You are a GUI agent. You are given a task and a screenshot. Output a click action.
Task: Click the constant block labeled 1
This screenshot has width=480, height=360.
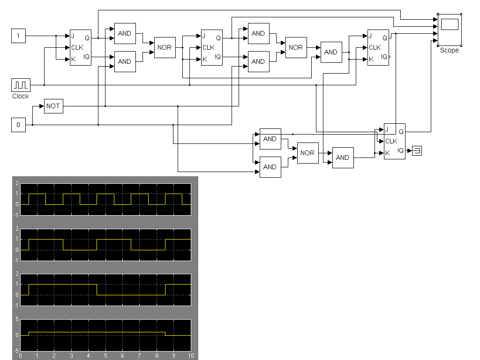[18, 36]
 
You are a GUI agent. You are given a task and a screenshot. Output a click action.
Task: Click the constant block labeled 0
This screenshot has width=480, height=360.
[18, 125]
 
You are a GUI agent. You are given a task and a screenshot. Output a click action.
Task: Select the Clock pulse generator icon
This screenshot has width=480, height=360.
[21, 85]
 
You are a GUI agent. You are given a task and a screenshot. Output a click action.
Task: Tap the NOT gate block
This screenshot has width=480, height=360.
[53, 106]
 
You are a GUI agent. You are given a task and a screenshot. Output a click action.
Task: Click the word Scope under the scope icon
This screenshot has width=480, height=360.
[449, 50]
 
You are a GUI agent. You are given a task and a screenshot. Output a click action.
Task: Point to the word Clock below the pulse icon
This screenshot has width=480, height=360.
[21, 96]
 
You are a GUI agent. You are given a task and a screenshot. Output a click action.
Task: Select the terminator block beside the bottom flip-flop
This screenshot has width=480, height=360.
[417, 150]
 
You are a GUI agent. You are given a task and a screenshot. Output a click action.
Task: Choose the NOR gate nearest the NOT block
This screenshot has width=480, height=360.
[165, 47]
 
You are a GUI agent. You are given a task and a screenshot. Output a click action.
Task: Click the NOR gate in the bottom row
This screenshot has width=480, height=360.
[307, 153]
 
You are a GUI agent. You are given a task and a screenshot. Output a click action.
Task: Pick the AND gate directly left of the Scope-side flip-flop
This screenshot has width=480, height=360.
[331, 52]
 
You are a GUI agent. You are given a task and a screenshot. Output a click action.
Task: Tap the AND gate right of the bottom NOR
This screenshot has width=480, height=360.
[343, 157]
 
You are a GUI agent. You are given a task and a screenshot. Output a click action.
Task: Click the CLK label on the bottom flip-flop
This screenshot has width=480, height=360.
[391, 141]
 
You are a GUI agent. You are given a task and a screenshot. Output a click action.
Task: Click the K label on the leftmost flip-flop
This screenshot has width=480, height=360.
[74, 59]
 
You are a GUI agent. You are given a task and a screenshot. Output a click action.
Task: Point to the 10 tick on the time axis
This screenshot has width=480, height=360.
[191, 356]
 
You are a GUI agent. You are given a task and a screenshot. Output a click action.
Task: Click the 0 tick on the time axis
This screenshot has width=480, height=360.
[20, 356]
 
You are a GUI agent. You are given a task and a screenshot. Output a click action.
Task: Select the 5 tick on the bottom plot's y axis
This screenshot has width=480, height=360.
[17, 320]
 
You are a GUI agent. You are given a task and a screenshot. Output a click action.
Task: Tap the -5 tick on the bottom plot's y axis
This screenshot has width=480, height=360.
[16, 350]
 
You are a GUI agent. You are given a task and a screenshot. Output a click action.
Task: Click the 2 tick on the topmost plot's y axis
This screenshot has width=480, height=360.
[17, 183]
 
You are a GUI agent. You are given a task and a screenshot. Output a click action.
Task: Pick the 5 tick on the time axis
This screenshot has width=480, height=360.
[105, 356]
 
